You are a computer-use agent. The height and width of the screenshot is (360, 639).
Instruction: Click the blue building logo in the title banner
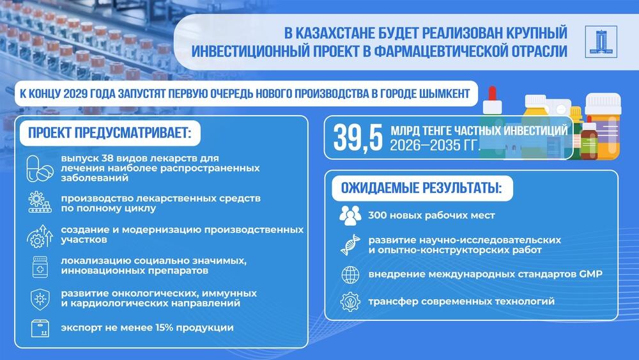tap(602, 41)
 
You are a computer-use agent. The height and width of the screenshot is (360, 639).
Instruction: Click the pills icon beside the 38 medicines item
tap(40, 168)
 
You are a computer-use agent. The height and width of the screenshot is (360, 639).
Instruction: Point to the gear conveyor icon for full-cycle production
tap(40, 203)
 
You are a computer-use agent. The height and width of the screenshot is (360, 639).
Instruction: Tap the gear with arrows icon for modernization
tap(40, 234)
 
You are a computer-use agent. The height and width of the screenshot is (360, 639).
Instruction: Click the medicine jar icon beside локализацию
tap(40, 266)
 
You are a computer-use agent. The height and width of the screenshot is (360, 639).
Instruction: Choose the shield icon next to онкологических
tap(40, 298)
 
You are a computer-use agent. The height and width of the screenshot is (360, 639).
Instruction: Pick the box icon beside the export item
tap(40, 328)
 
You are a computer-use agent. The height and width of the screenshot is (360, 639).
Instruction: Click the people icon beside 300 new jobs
tap(350, 216)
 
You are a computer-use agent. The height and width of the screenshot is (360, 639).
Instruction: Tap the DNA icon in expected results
tap(350, 245)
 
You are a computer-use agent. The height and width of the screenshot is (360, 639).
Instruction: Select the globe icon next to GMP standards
tap(350, 274)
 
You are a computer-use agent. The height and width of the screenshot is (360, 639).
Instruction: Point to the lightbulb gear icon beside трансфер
tap(350, 301)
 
